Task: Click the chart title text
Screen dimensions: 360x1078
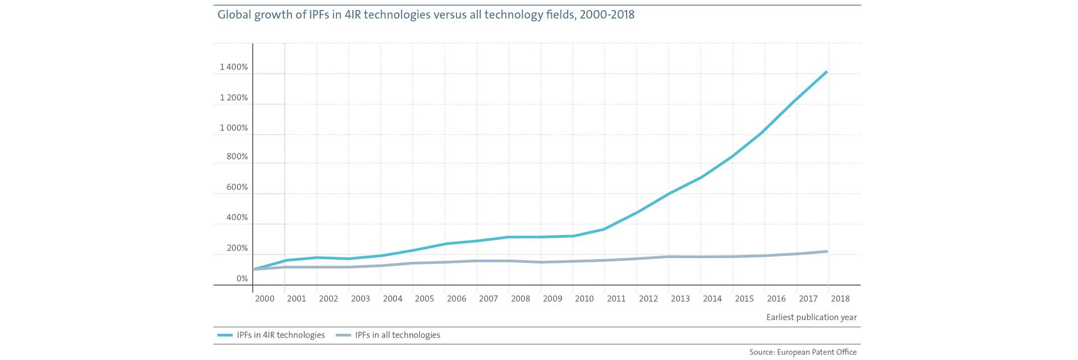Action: (x=426, y=15)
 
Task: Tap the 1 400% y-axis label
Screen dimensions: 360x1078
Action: (x=234, y=67)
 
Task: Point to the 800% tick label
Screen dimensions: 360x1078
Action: (x=237, y=157)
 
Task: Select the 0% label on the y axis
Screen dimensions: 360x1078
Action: (x=242, y=279)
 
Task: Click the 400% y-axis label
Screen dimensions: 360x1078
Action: (x=237, y=217)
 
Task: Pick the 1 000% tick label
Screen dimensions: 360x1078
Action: (x=234, y=128)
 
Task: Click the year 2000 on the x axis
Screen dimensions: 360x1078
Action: (x=264, y=299)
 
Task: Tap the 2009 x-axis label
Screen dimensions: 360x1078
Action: (x=552, y=299)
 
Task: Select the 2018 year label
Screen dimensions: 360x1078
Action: (x=841, y=299)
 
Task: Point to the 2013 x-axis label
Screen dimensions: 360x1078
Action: (x=680, y=299)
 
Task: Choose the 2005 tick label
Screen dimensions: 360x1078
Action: (x=424, y=299)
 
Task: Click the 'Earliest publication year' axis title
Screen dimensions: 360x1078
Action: (x=811, y=317)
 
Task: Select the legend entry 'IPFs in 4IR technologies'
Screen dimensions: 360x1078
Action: (x=281, y=335)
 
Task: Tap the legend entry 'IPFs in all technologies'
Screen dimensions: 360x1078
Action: (x=398, y=335)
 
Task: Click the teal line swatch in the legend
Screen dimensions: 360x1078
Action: (x=225, y=335)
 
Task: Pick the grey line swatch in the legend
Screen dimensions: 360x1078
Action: (x=343, y=335)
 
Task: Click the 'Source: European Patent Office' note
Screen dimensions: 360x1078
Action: (x=803, y=352)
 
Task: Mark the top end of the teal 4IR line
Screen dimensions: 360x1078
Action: (x=826, y=72)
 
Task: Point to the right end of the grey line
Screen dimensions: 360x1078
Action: (x=826, y=251)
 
